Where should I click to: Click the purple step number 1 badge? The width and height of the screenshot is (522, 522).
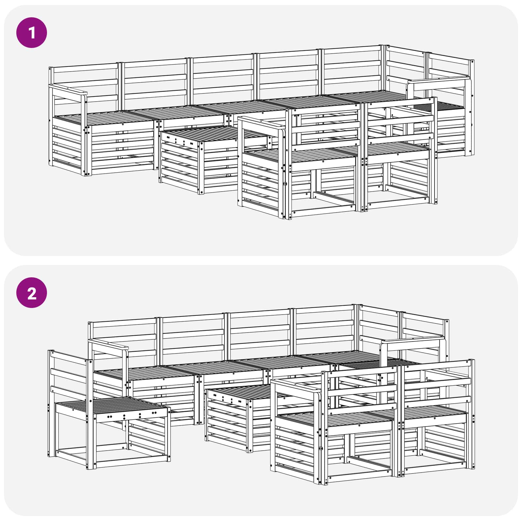coord(32,33)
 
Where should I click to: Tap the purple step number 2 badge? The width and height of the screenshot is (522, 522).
coord(32,293)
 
